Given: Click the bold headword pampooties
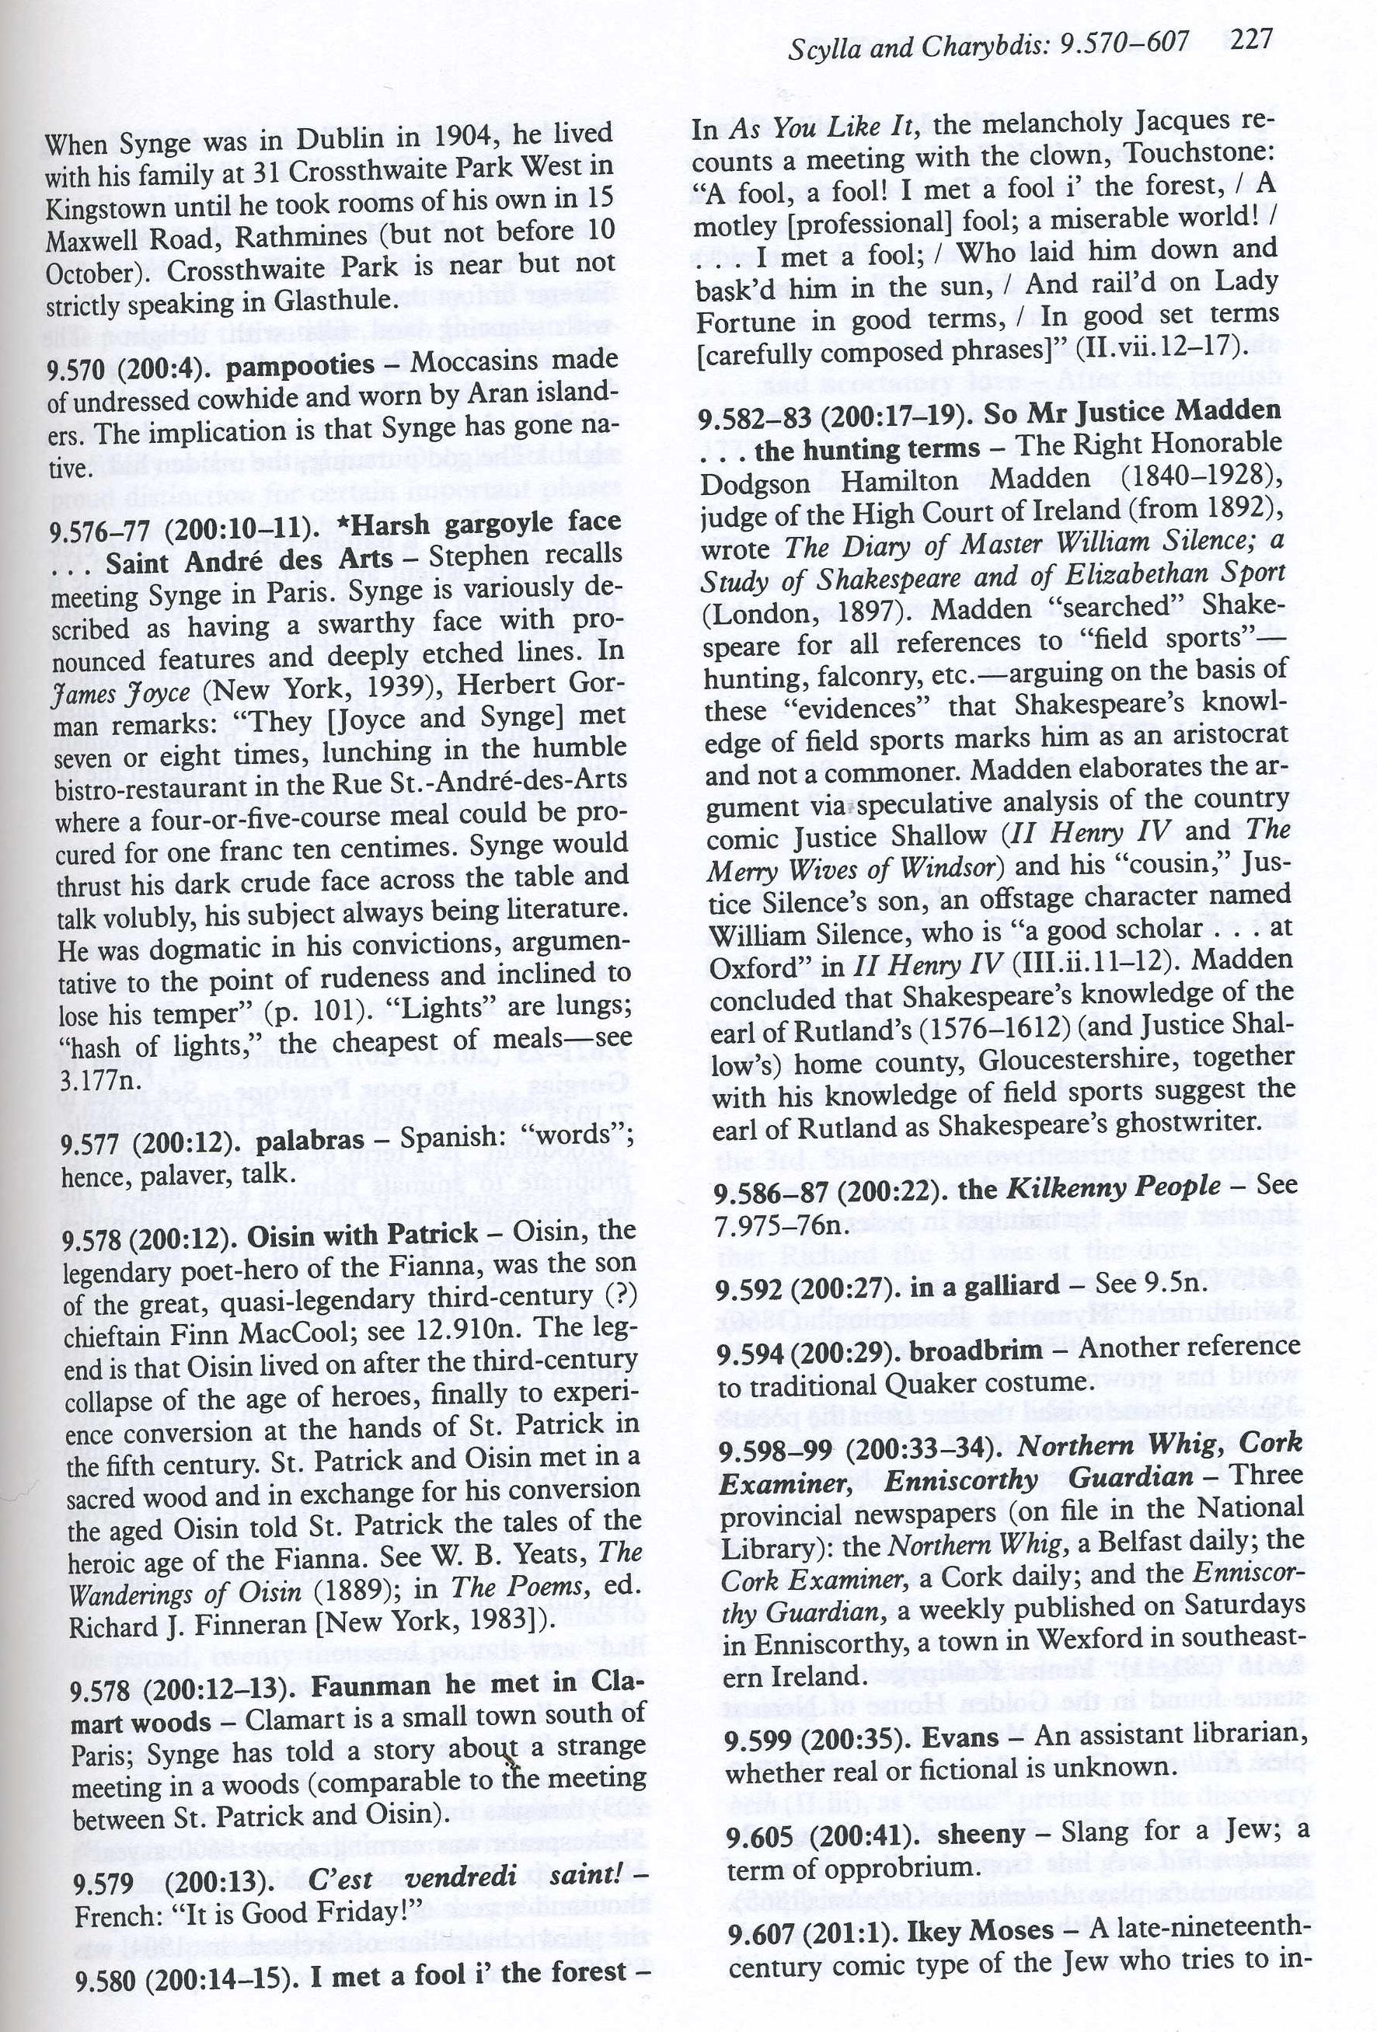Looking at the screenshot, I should pyautogui.click(x=299, y=364).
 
